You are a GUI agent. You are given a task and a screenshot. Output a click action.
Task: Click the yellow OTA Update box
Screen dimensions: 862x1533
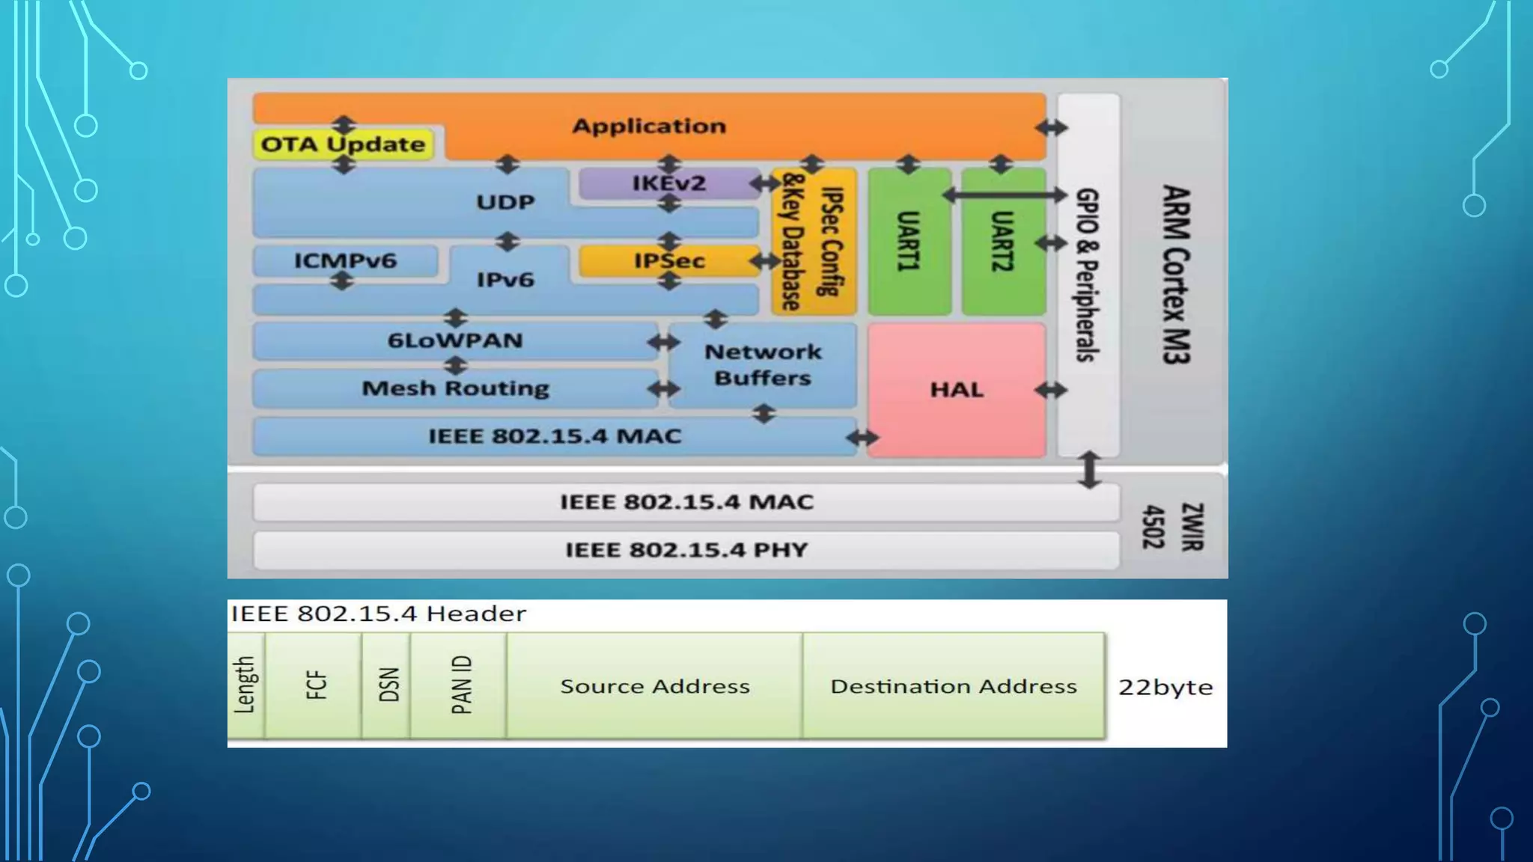pos(343,144)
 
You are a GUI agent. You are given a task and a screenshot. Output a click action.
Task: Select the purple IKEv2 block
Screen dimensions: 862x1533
pos(668,183)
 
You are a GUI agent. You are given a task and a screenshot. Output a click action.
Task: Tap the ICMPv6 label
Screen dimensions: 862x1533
pos(345,260)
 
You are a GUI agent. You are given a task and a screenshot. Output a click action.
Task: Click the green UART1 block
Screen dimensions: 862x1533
pos(909,241)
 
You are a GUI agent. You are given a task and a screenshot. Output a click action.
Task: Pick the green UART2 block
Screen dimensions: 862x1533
pos(1002,241)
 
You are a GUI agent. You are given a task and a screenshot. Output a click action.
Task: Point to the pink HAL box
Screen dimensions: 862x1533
pos(956,390)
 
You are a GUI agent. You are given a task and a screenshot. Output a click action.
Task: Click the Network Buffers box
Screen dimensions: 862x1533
pos(762,365)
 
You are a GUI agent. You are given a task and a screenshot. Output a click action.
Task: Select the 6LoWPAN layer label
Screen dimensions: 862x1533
pos(454,340)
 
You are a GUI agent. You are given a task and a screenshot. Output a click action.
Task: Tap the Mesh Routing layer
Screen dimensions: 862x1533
pos(455,388)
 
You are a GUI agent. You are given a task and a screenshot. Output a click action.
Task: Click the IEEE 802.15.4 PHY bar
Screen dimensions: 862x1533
pos(686,550)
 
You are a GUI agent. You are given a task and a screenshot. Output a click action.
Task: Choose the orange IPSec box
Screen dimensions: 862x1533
pos(668,260)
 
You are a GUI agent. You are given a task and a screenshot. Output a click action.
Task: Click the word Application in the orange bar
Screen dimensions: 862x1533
pos(649,126)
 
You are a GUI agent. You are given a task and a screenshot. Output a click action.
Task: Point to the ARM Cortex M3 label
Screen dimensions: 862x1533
pos(1174,275)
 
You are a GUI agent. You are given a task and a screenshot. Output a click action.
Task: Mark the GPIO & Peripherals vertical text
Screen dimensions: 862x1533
pos(1087,275)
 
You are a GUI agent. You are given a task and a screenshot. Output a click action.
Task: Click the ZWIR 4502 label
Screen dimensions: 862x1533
pos(1172,527)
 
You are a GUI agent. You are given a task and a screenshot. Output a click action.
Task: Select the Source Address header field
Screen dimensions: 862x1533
pos(654,686)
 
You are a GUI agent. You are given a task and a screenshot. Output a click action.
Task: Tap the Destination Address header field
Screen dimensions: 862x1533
pos(953,686)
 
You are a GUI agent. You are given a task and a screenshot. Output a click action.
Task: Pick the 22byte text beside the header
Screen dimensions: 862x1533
pos(1165,687)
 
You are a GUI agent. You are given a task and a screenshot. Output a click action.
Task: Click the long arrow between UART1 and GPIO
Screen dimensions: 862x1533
pos(1003,195)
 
